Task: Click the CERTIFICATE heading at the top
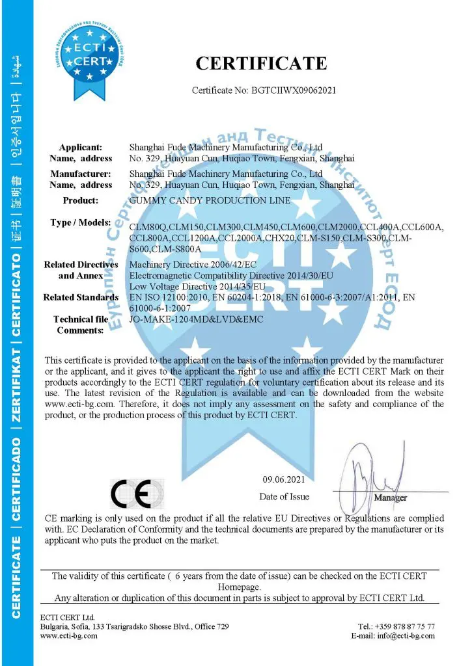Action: coord(261,63)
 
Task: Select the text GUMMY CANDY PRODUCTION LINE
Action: coord(210,200)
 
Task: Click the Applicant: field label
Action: coord(81,148)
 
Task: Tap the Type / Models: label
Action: coord(80,223)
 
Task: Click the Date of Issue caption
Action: coord(285,497)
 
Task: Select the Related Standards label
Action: coord(81,297)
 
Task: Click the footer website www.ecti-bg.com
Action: coord(69,635)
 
